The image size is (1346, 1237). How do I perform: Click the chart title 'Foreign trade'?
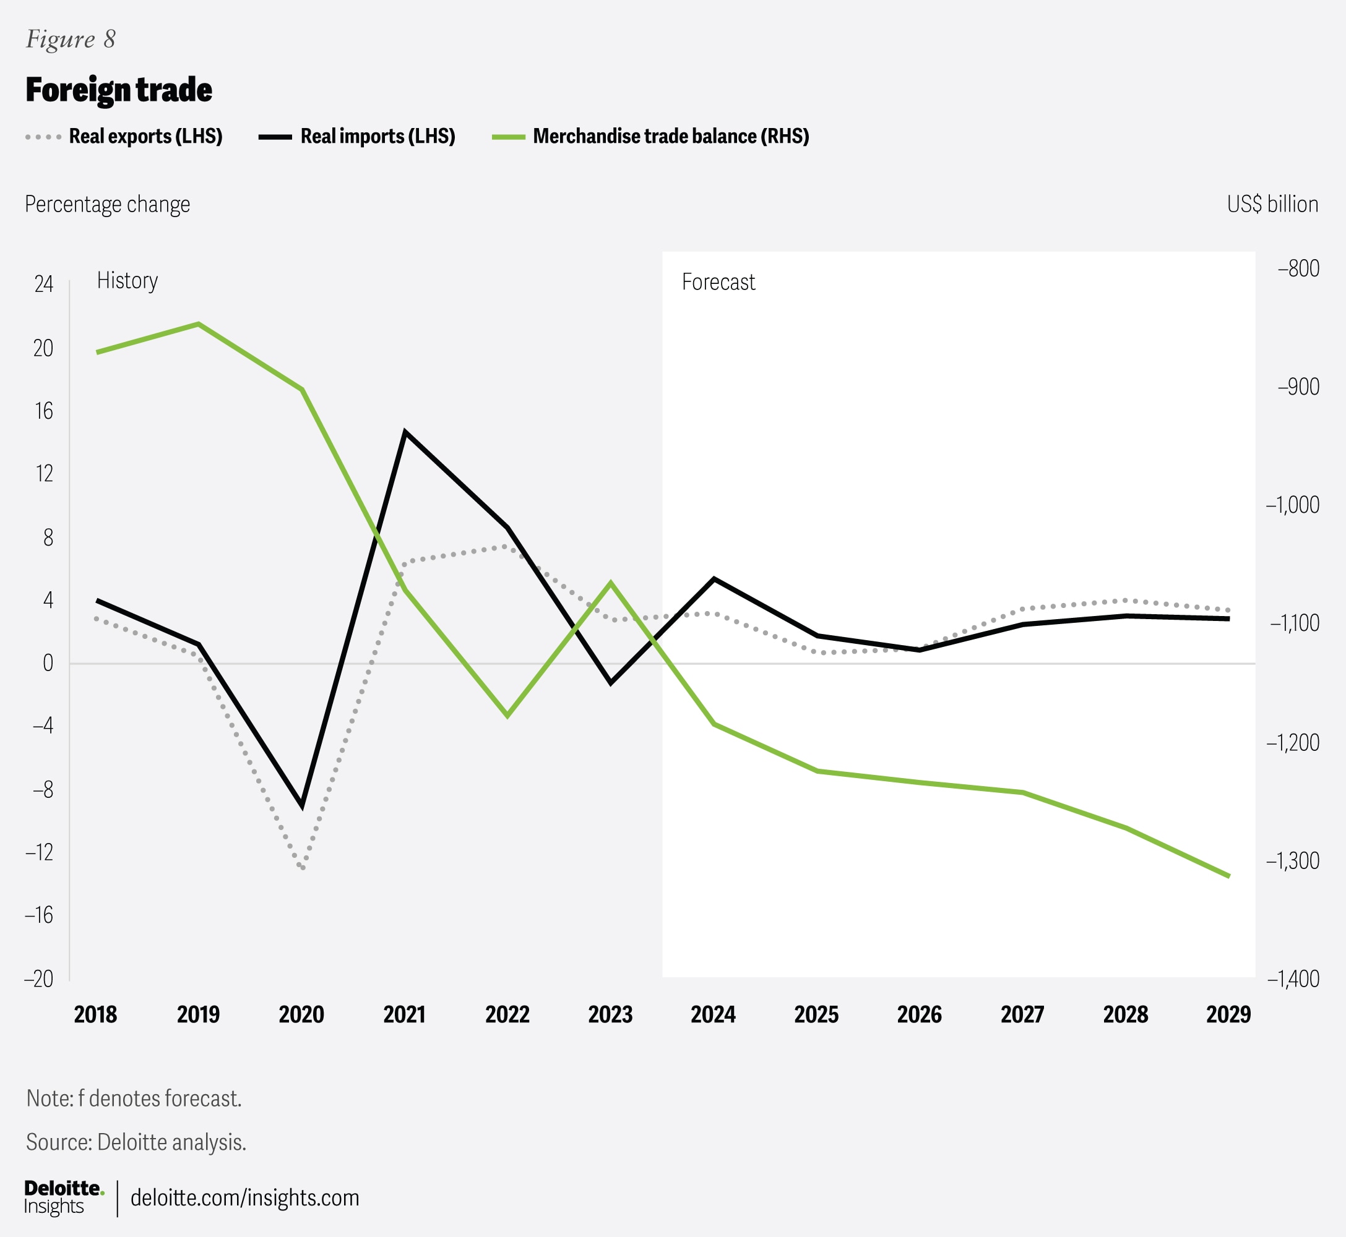[119, 90]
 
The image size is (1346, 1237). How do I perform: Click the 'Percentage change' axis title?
[107, 204]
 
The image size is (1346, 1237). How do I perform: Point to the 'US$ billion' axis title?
[1272, 204]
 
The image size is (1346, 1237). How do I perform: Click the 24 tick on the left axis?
[43, 285]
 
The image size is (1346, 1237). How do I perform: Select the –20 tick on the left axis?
[39, 978]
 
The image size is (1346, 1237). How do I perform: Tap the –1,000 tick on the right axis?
[1292, 505]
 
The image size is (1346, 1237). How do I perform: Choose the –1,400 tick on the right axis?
[1292, 978]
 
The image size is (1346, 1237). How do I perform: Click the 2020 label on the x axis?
[301, 1015]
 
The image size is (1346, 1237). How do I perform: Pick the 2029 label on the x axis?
[1228, 1015]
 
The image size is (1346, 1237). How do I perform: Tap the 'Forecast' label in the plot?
[718, 283]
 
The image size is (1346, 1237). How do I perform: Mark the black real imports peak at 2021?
[405, 432]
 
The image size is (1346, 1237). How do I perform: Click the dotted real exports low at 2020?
[303, 868]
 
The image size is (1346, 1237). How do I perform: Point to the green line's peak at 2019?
[198, 324]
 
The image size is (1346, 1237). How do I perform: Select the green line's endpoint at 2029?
[1228, 876]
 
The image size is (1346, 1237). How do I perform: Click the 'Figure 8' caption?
[71, 40]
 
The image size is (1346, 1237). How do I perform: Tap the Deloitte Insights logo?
[64, 1197]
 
